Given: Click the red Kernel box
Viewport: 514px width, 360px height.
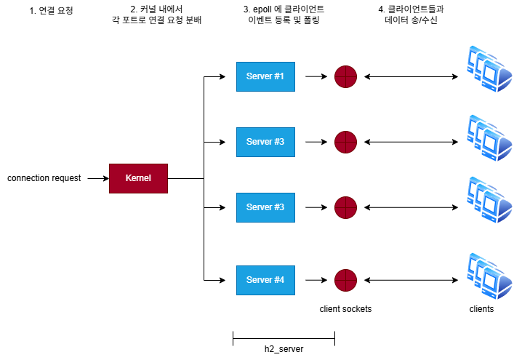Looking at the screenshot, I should (138, 178).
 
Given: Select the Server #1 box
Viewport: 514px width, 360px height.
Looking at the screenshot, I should (265, 76).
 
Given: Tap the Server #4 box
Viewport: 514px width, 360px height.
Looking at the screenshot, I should (265, 280).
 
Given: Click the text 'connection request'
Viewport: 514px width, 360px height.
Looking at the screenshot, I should (44, 178).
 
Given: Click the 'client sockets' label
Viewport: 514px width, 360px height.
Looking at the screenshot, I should (345, 309).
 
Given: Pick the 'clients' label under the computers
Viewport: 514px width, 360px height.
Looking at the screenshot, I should (481, 309).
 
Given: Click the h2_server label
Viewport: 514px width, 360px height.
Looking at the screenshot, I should (284, 349).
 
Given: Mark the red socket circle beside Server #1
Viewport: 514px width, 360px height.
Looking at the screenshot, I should (345, 76).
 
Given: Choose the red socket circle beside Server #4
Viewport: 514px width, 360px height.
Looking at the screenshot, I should (345, 280).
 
